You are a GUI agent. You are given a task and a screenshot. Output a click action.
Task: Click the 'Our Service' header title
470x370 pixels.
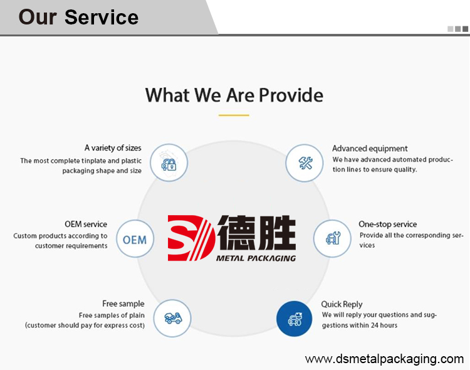[x=78, y=17]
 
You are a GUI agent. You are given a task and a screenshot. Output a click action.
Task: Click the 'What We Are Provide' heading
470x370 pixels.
[x=234, y=95]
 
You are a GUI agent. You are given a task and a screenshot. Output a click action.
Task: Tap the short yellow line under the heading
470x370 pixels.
[x=234, y=115]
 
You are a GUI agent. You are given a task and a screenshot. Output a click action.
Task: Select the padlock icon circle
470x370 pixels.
[x=169, y=162]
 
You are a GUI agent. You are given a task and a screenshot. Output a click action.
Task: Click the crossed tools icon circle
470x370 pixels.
[x=305, y=163]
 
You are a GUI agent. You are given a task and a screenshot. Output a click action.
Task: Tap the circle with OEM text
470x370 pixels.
[x=135, y=238]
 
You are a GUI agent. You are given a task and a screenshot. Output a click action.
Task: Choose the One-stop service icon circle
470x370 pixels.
[x=332, y=238]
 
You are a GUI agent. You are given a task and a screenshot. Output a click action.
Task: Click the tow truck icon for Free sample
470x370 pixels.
[x=172, y=318]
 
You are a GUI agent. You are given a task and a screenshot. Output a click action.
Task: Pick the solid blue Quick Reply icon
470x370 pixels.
[x=295, y=319]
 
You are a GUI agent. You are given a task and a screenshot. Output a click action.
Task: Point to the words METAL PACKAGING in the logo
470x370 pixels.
[x=256, y=258]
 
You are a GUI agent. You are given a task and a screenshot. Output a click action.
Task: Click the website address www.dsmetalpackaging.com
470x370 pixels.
[x=384, y=359]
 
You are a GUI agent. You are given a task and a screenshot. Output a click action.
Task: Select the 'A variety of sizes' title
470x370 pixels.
[x=113, y=148]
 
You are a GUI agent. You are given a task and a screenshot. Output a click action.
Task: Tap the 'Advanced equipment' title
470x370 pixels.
[x=370, y=149]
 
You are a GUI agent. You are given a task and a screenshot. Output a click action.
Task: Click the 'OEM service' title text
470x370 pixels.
[x=86, y=224]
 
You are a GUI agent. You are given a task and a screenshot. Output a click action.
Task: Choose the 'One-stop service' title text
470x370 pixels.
[x=388, y=224]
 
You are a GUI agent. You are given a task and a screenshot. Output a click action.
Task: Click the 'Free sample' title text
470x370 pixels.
[x=123, y=304]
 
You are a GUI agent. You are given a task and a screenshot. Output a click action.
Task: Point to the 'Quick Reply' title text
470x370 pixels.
[x=342, y=304]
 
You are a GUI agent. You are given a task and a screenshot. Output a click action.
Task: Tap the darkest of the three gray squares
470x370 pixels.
[x=465, y=29]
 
